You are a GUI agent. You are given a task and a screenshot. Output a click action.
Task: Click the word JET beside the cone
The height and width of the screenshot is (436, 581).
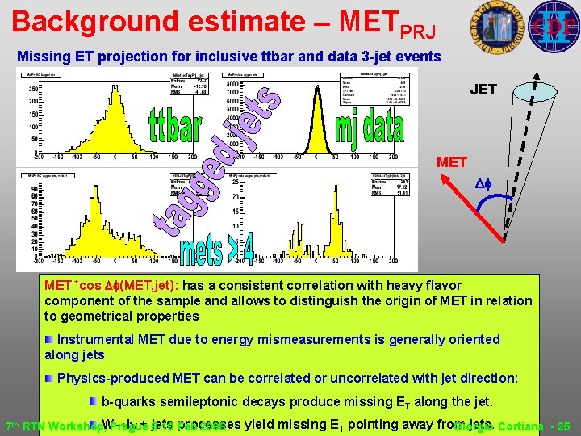click(x=483, y=90)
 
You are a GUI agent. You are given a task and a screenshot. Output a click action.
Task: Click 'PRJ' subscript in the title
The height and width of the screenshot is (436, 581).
click(x=417, y=31)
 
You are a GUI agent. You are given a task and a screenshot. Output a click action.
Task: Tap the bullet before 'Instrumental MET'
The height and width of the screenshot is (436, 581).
click(x=50, y=339)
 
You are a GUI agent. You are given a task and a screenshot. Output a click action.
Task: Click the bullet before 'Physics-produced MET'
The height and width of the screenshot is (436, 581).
click(x=50, y=378)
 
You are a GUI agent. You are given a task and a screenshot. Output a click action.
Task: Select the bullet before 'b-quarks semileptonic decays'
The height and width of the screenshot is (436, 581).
click(x=94, y=401)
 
